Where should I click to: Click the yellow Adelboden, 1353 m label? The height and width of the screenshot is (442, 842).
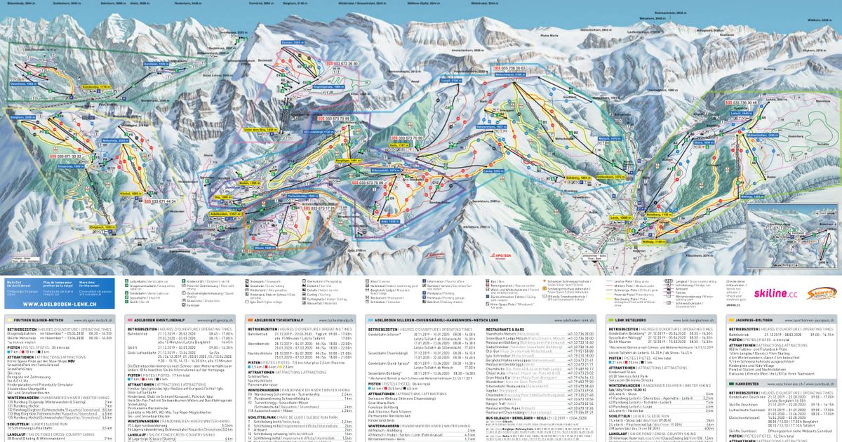click(226, 213)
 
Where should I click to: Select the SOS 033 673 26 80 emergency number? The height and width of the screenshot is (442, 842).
click(339, 63)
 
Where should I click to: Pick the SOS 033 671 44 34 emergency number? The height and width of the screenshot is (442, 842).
click(158, 201)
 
